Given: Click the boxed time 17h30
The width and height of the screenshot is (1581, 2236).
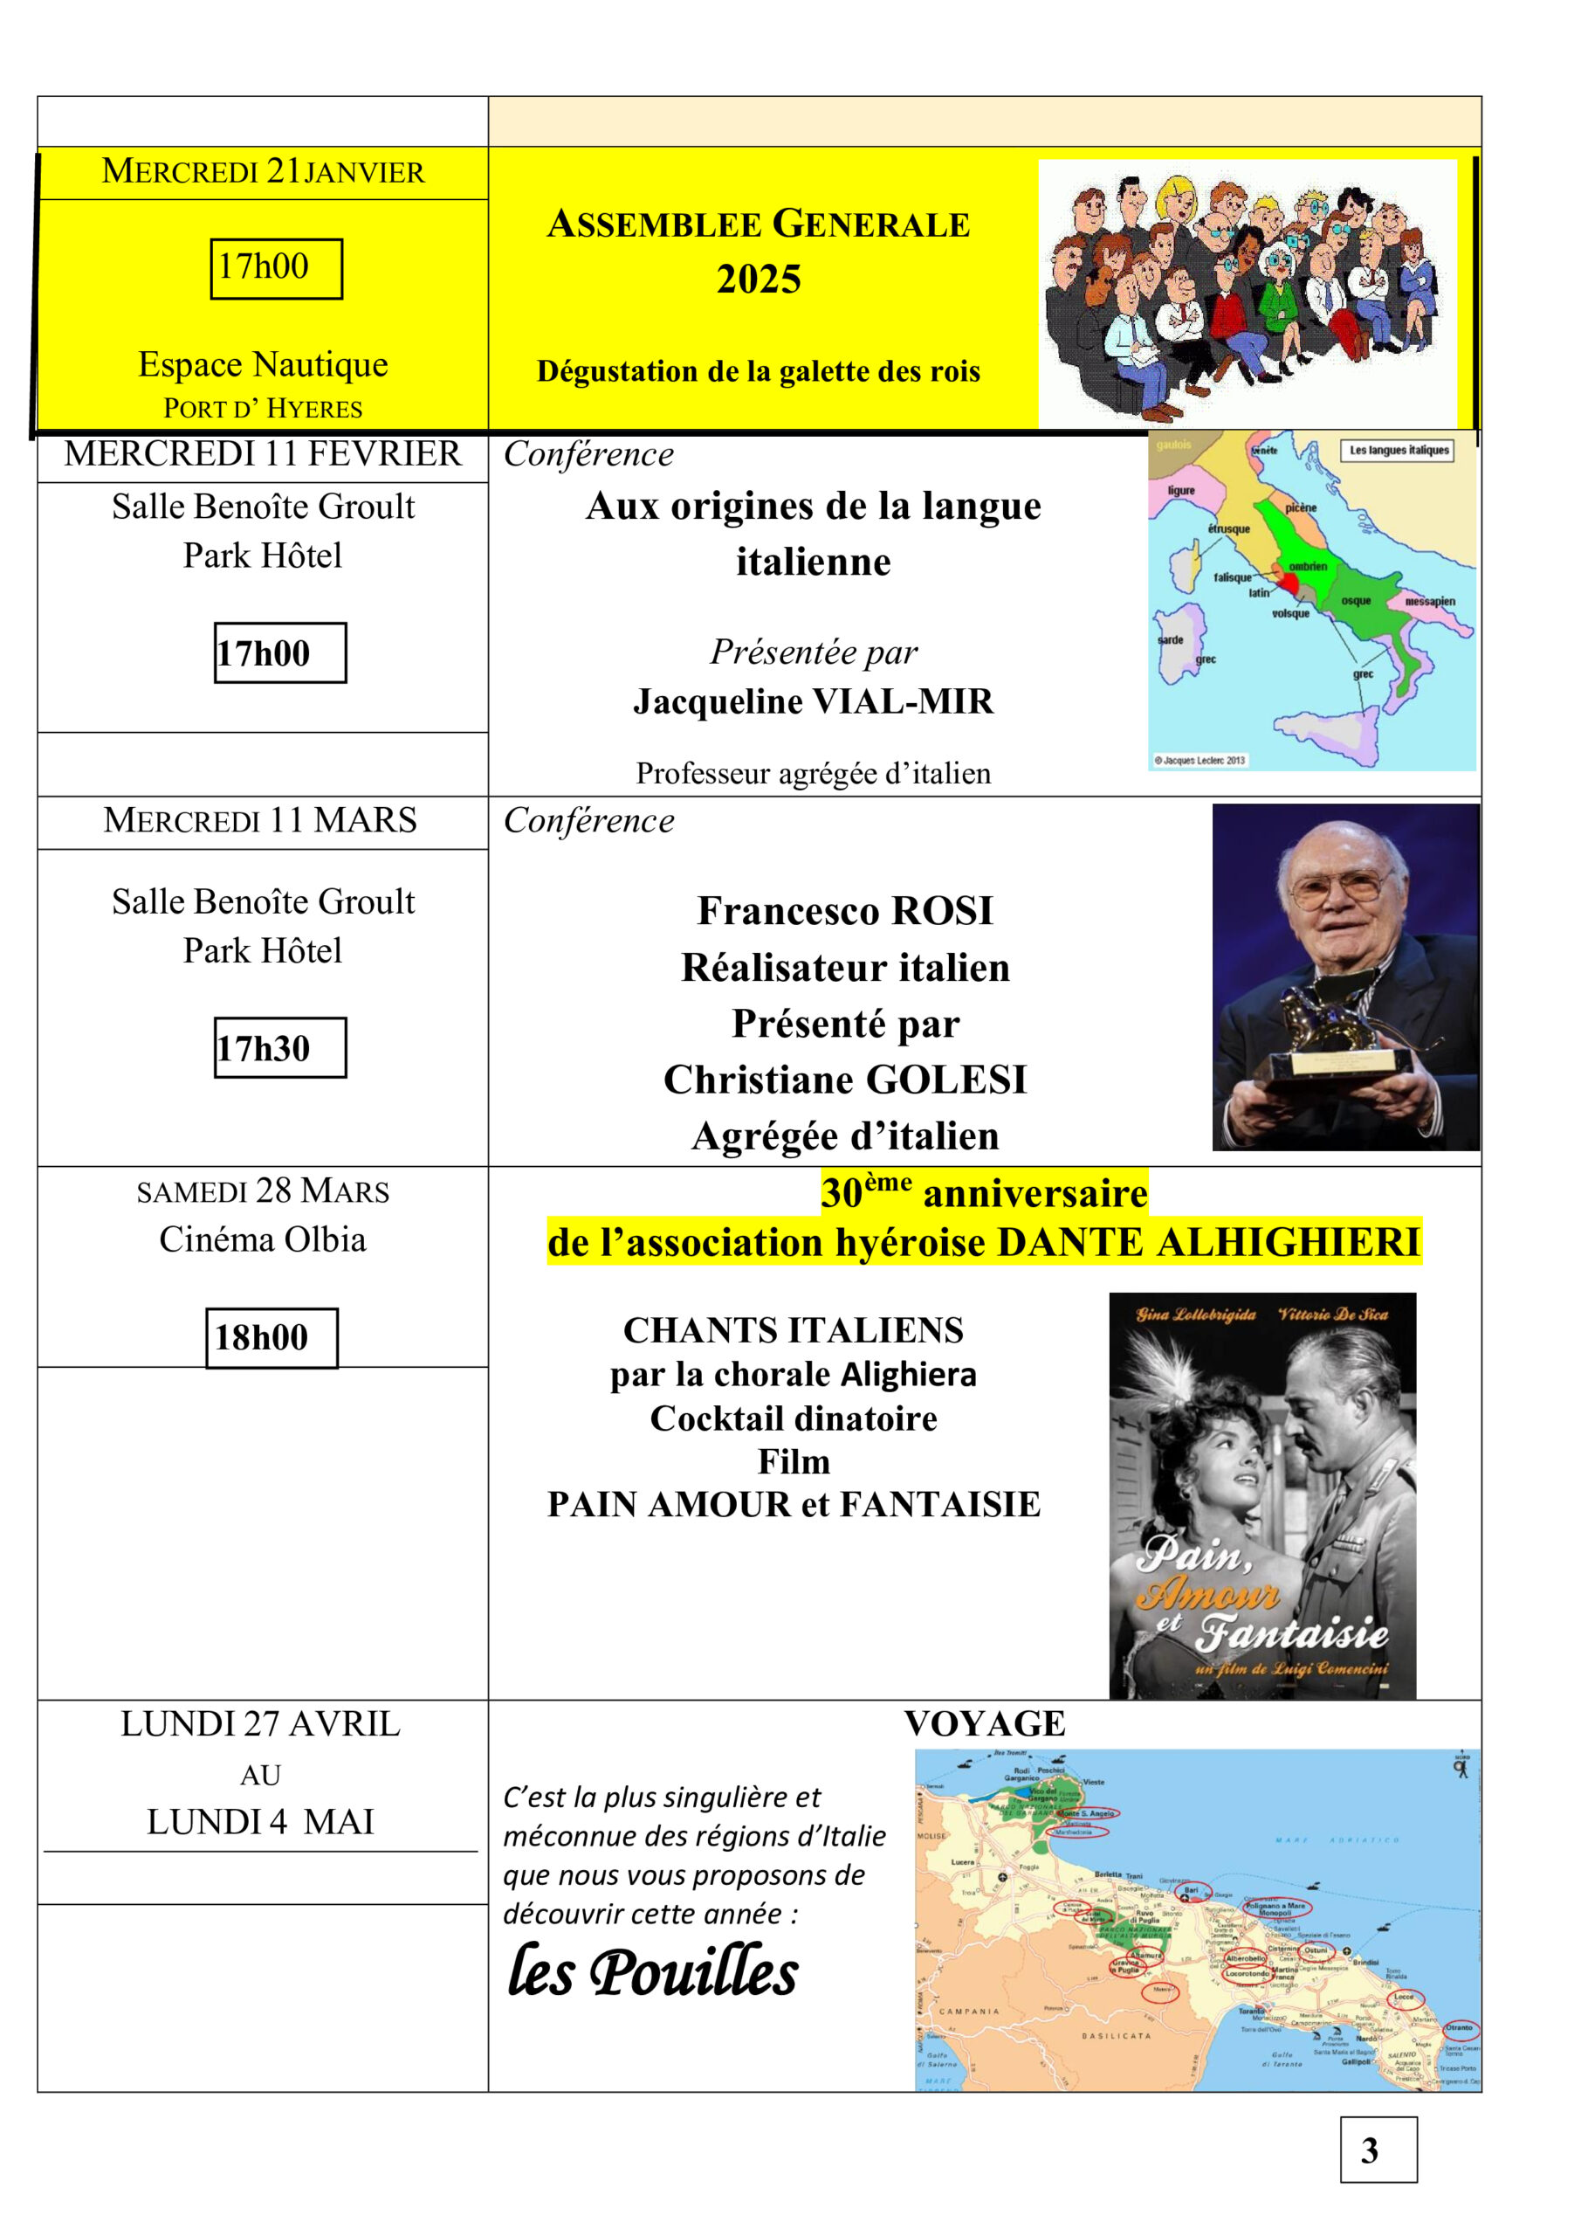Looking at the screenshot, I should coord(264,1048).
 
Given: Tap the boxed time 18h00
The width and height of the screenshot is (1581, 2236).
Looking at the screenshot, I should coord(262,1337).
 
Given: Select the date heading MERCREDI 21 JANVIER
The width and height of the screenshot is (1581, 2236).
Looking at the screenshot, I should coord(263,171).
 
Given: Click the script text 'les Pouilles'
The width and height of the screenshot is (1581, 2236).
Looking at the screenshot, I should coord(652,1972).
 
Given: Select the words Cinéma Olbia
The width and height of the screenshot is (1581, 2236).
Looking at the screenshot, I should coord(263,1239).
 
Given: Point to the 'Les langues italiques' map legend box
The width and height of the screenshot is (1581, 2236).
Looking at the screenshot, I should coord(1398,450).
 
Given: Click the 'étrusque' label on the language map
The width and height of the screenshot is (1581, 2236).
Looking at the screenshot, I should coord(1228,528).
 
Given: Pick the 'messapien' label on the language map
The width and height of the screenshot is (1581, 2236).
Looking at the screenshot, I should coord(1429,601).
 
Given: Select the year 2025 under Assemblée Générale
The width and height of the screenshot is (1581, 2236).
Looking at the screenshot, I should coord(759,279).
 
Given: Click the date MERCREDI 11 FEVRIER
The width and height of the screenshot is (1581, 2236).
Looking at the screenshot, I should coord(263,454).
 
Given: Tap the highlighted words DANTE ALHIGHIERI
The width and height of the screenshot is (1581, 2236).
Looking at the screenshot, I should coord(1209,1243).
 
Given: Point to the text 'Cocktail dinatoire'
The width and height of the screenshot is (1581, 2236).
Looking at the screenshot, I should coord(794,1418).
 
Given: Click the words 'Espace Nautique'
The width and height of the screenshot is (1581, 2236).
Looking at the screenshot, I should coord(263,363).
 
